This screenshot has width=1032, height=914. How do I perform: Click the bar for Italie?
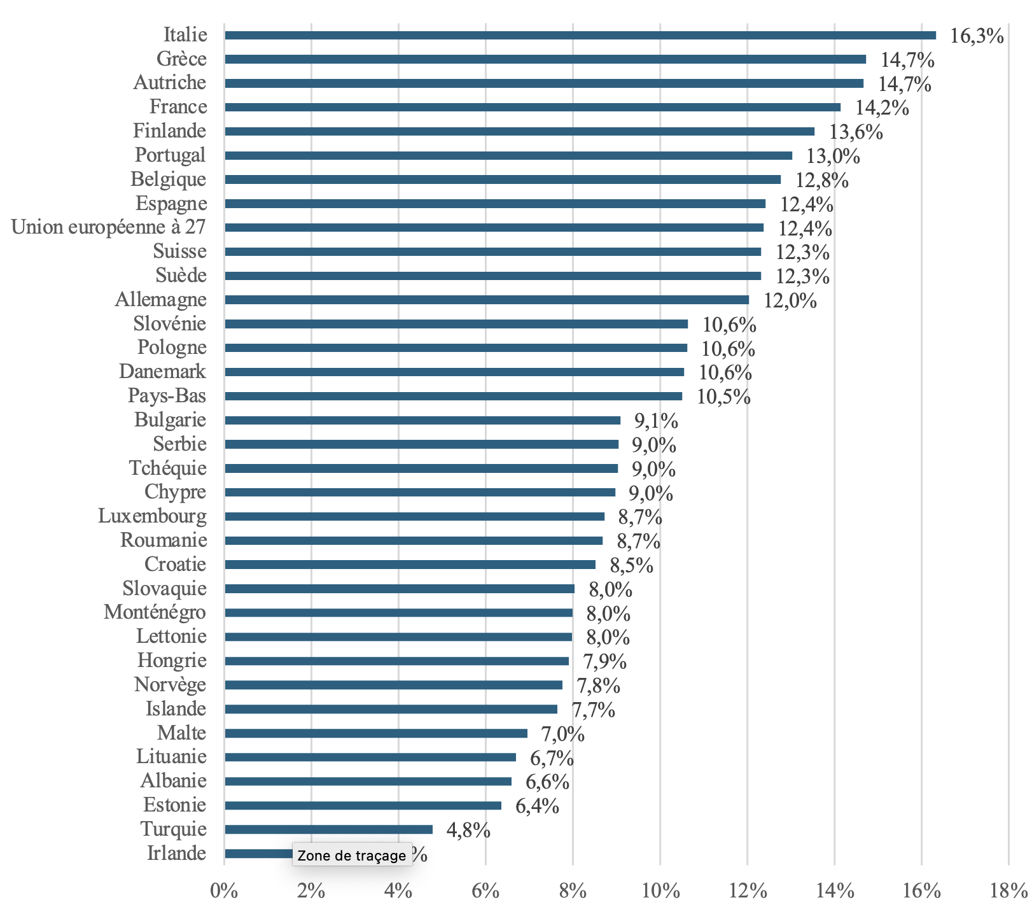pyautogui.click(x=580, y=35)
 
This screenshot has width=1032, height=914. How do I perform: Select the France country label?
pyautogui.click(x=178, y=106)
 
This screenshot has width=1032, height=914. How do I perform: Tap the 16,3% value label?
pyautogui.click(x=977, y=36)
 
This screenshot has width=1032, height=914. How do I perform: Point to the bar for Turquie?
pyautogui.click(x=328, y=829)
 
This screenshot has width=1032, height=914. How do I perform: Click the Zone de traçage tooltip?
pyautogui.click(x=351, y=855)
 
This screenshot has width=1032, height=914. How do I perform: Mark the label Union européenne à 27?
pyautogui.click(x=109, y=227)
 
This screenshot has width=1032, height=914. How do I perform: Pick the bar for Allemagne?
pyautogui.click(x=487, y=300)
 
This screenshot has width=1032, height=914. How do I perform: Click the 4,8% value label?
pyautogui.click(x=468, y=830)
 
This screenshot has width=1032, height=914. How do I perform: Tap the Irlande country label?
pyautogui.click(x=176, y=853)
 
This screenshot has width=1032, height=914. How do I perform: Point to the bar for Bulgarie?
pyautogui.click(x=422, y=420)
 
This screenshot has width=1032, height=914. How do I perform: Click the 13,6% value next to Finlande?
pyautogui.click(x=856, y=132)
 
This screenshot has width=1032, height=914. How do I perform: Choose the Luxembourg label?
pyautogui.click(x=153, y=516)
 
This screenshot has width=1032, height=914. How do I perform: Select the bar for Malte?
pyautogui.click(x=376, y=733)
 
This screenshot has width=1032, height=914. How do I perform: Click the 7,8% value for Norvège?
pyautogui.click(x=598, y=685)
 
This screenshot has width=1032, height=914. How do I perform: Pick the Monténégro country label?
pyautogui.click(x=155, y=612)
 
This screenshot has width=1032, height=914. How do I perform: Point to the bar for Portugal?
pyautogui.click(x=508, y=155)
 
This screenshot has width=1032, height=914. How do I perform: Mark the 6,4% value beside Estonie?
pyautogui.click(x=537, y=806)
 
